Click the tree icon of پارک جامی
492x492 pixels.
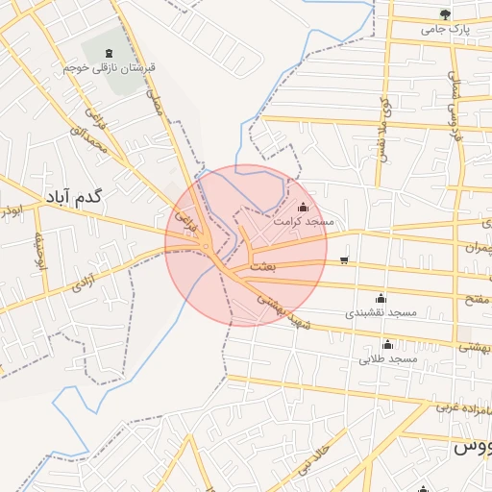(x=444, y=13)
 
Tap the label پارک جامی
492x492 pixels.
(x=445, y=30)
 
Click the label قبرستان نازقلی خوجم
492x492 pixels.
(x=108, y=69)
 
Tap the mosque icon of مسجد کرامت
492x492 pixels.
(x=304, y=206)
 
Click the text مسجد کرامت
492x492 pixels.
(x=304, y=222)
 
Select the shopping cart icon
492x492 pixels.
(x=344, y=260)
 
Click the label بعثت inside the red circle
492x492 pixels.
(x=262, y=265)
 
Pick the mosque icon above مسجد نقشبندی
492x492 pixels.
(x=381, y=297)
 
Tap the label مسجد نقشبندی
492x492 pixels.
(x=381, y=313)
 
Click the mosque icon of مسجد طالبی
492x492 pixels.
(x=388, y=344)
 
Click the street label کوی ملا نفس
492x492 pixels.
(x=383, y=126)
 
